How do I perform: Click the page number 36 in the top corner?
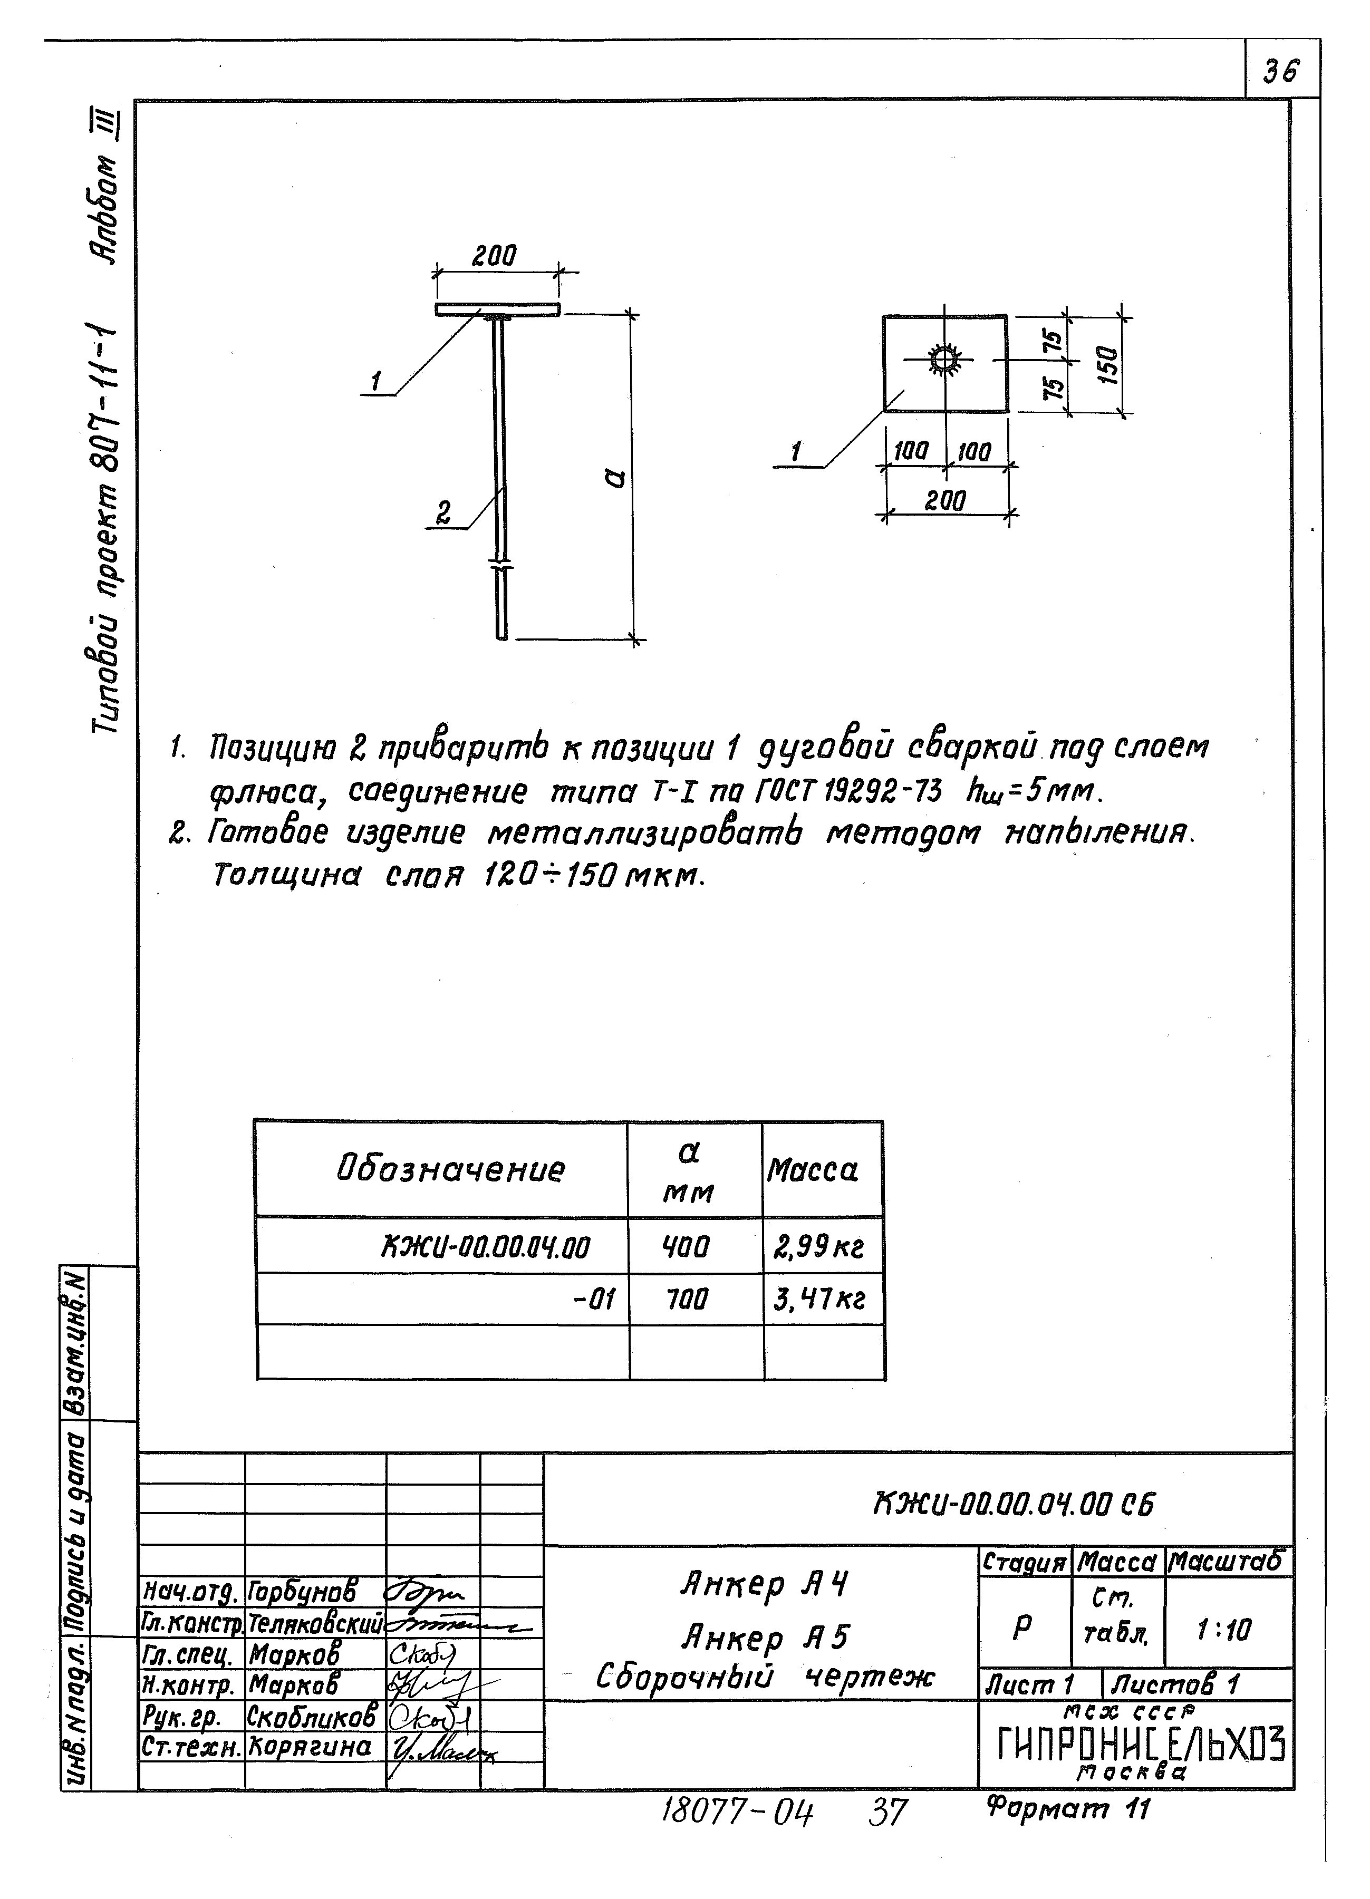1281,72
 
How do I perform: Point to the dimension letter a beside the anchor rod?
615,479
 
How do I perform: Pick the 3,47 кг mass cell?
818,1300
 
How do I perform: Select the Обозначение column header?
450,1169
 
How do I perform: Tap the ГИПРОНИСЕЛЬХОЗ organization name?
1141,1746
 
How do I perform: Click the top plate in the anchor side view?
497,310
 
